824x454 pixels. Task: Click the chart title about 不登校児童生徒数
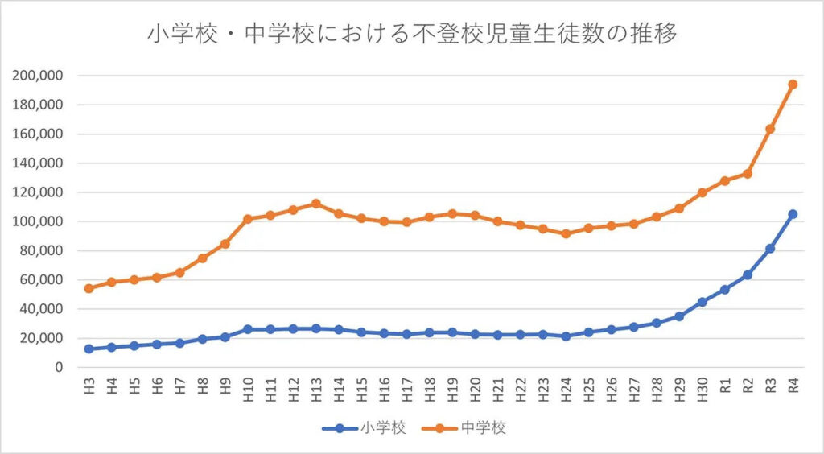click(x=412, y=35)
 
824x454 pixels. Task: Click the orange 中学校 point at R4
click(x=793, y=84)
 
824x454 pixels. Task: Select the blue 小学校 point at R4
click(x=793, y=214)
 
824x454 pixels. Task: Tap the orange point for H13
click(x=315, y=203)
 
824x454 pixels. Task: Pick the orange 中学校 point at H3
click(x=89, y=288)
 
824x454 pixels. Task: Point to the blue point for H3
click(x=89, y=349)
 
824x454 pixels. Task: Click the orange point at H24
click(x=566, y=233)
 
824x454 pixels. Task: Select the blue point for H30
click(x=702, y=302)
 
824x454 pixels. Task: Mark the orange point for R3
click(x=770, y=129)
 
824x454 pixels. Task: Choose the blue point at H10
click(x=247, y=329)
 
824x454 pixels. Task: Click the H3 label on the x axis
click(x=89, y=385)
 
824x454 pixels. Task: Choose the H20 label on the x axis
click(x=475, y=386)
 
